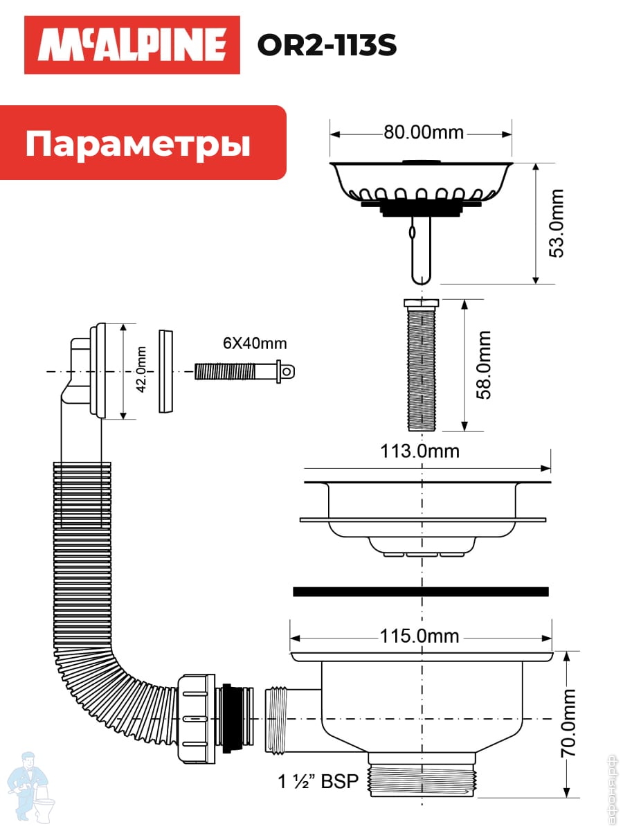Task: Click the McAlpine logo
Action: (132, 45)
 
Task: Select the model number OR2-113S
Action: (327, 46)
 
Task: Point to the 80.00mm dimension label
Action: (424, 132)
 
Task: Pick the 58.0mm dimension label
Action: (482, 365)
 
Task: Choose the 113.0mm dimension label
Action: (419, 451)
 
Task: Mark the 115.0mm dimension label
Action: (419, 636)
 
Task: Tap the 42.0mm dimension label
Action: (141, 370)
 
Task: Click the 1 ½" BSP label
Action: (318, 783)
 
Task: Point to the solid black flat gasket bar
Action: (421, 591)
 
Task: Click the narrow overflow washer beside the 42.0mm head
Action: (166, 371)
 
